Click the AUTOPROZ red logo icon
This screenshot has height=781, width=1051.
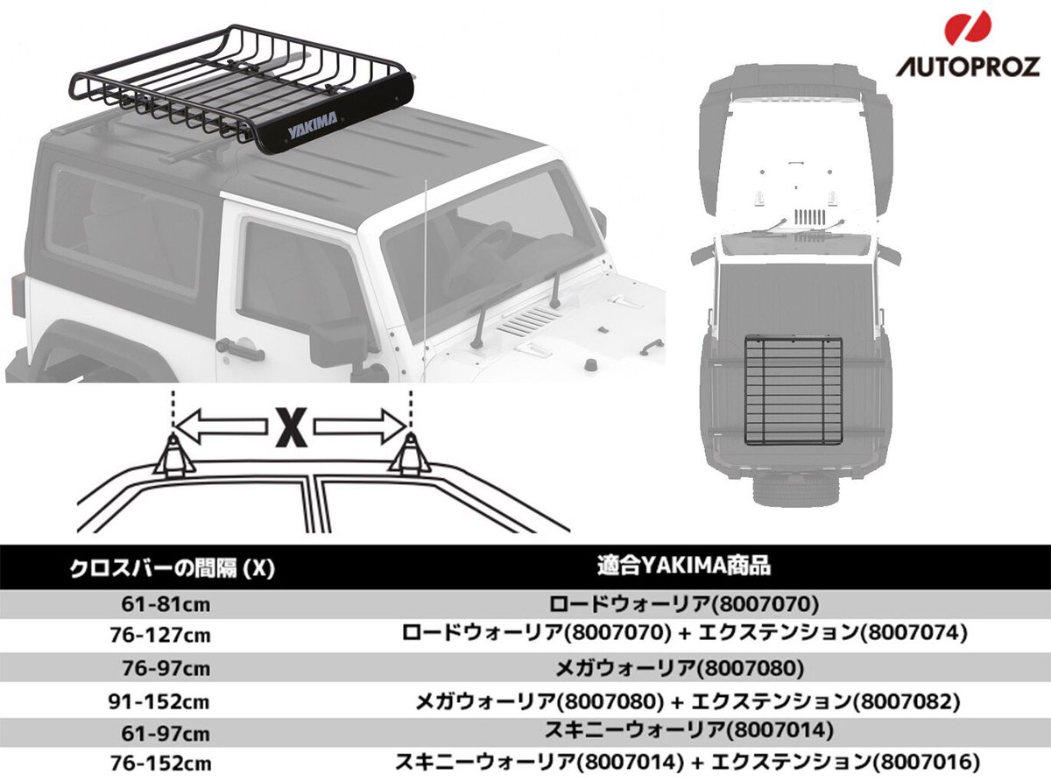click(968, 28)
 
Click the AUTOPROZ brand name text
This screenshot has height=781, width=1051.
click(967, 67)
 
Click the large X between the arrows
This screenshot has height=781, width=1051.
click(291, 427)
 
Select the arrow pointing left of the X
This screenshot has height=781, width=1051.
click(219, 427)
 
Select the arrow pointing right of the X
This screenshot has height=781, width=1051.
click(361, 427)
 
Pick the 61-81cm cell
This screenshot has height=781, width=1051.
click(169, 604)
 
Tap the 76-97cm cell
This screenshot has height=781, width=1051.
click(168, 668)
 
